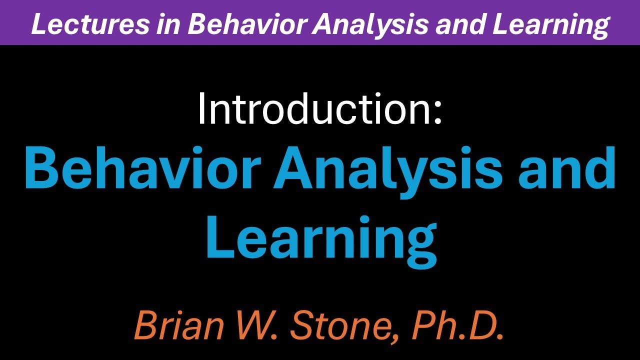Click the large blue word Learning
(320, 240)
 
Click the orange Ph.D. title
(457, 325)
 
